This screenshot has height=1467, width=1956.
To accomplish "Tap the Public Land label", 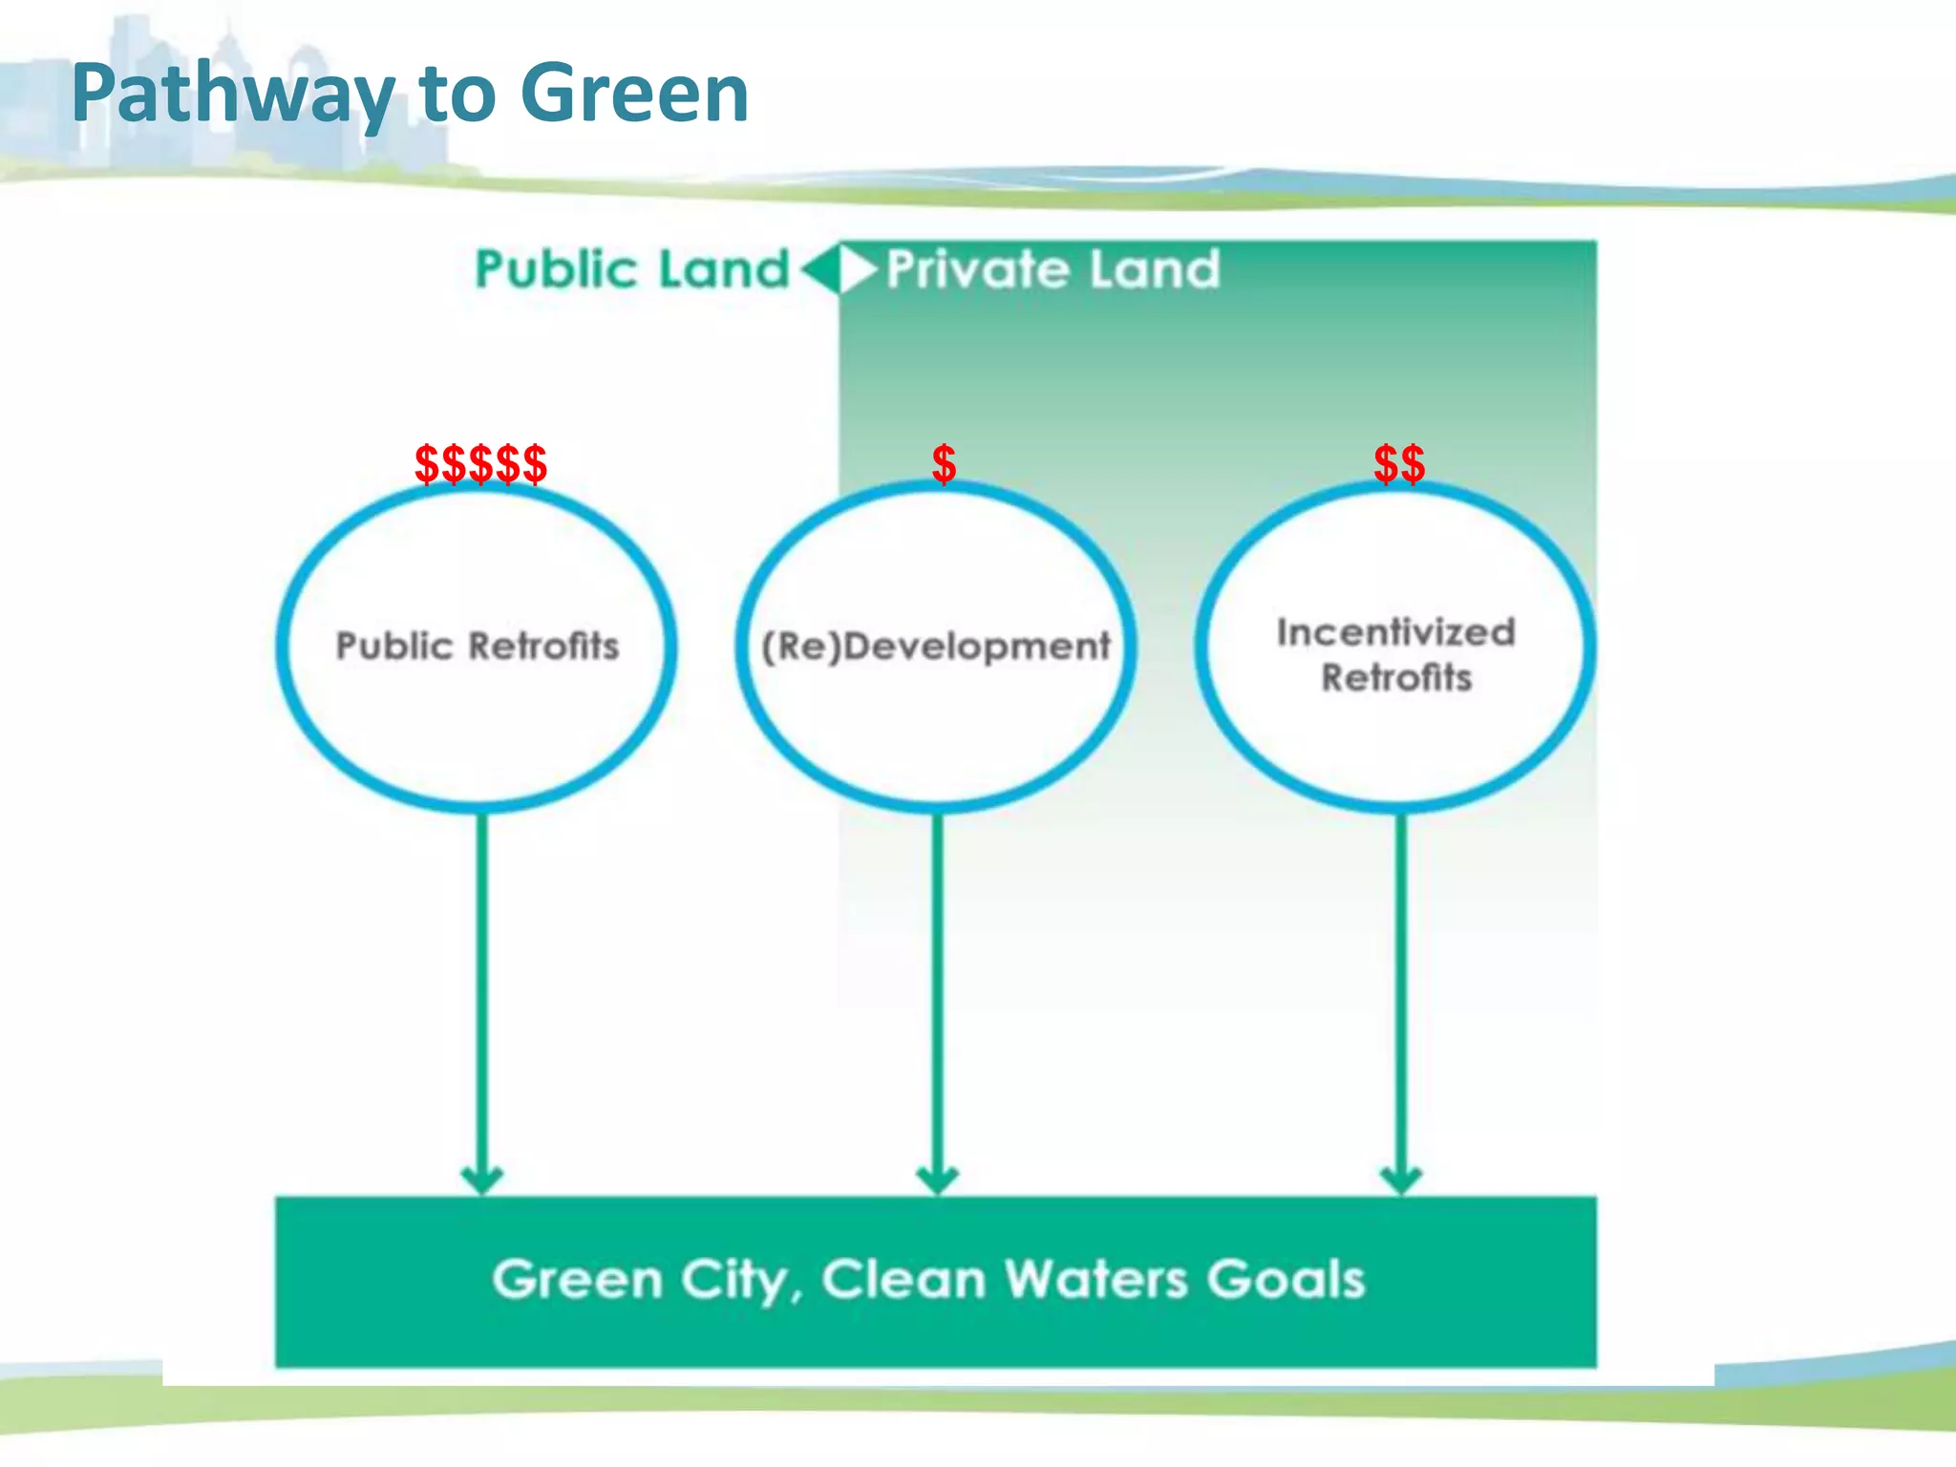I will pyautogui.click(x=632, y=269).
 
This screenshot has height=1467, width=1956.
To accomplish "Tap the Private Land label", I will pyautogui.click(x=1053, y=269).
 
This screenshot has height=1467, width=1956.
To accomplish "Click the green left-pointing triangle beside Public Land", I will pyautogui.click(x=819, y=269).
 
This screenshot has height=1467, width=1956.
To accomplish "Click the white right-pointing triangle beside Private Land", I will pyautogui.click(x=858, y=269).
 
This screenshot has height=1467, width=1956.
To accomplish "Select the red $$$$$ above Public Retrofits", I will pyautogui.click(x=480, y=464).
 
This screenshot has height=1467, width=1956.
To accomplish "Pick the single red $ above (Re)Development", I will pyautogui.click(x=944, y=464).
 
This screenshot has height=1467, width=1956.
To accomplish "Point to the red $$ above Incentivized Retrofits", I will pyautogui.click(x=1399, y=464).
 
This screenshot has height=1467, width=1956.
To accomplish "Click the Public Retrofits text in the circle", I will pyautogui.click(x=478, y=647).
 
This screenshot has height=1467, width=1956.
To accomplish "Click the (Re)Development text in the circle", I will pyautogui.click(x=936, y=647).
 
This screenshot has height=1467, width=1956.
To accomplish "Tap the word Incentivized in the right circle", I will pyautogui.click(x=1396, y=632).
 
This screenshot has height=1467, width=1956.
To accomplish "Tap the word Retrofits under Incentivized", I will pyautogui.click(x=1396, y=678).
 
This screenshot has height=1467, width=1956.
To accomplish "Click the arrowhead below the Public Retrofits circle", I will pyautogui.click(x=481, y=1179).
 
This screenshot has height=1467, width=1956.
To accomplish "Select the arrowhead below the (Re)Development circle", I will pyautogui.click(x=937, y=1179).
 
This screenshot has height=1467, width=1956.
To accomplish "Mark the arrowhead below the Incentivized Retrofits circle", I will pyautogui.click(x=1401, y=1179).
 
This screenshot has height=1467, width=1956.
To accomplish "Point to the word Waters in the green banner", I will pyautogui.click(x=1096, y=1280).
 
